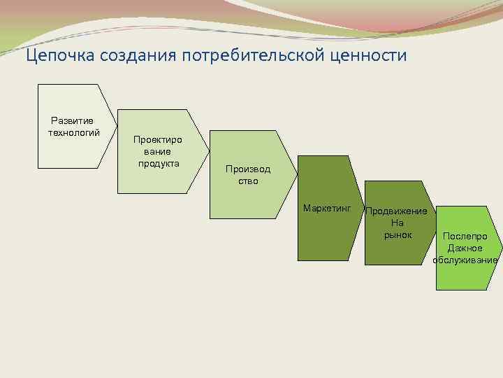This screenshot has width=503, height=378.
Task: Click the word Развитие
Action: tap(73, 120)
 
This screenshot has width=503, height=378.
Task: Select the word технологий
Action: tap(73, 132)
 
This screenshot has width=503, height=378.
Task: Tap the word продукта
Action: tap(159, 163)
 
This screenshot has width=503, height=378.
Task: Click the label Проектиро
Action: tap(158, 140)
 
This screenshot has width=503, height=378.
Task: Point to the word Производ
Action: tap(247, 169)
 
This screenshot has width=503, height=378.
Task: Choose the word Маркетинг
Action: tap(326, 209)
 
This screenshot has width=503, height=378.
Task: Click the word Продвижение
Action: tap(397, 211)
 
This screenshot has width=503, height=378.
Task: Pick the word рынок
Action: tap(398, 234)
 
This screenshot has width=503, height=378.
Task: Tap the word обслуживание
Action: tap(465, 260)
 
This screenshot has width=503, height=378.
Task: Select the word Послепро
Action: tap(465, 237)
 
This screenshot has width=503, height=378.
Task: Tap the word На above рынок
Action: tap(398, 223)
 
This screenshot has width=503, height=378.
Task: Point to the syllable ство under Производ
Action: tap(247, 181)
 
